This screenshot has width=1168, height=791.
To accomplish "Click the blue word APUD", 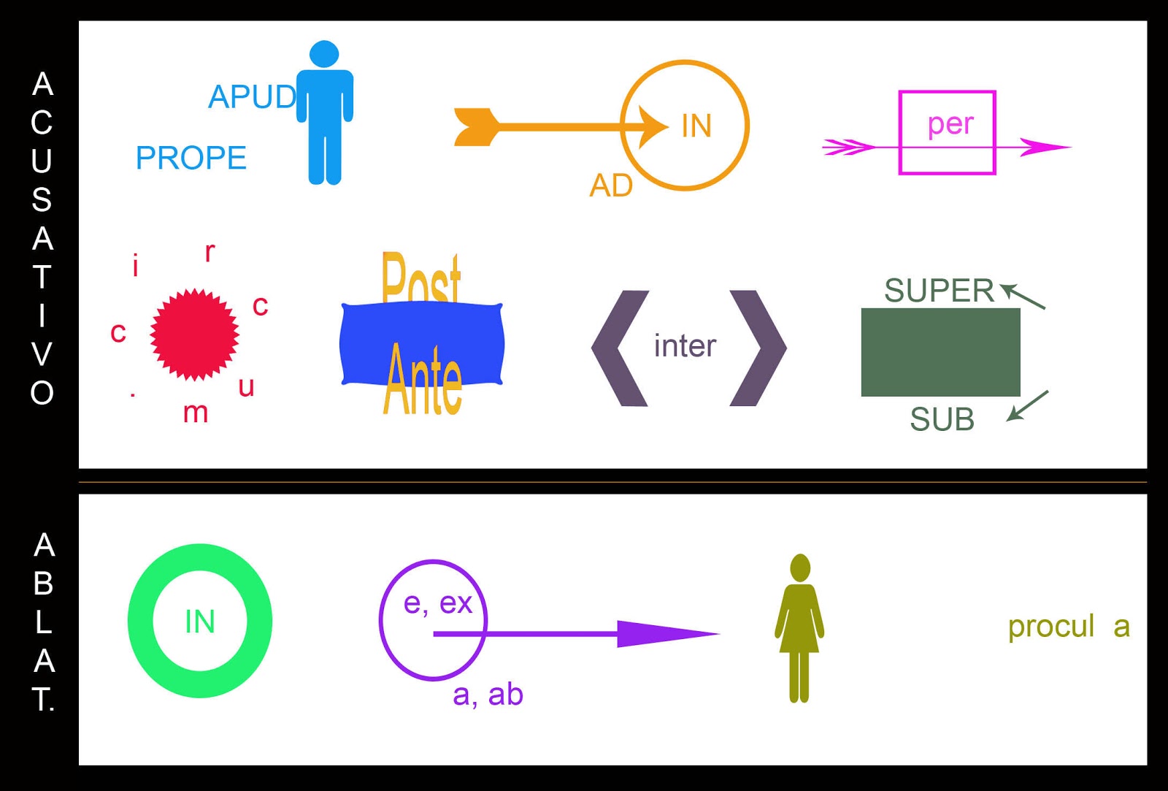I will [x=251, y=96].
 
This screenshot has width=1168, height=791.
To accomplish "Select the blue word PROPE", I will [x=191, y=158].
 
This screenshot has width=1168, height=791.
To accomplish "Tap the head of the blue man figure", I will [x=324, y=54].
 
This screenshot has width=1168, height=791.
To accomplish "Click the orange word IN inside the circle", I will [x=696, y=126].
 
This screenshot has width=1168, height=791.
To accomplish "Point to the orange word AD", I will [x=611, y=186].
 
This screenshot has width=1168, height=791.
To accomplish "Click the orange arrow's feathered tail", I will [x=475, y=127].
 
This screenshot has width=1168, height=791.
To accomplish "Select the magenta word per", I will [x=950, y=124].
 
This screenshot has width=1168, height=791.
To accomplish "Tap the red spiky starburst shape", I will [x=194, y=334].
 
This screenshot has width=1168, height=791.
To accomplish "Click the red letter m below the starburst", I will [x=196, y=413].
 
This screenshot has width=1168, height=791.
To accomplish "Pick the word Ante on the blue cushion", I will [x=423, y=380].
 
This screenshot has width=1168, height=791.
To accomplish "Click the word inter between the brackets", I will [x=685, y=345].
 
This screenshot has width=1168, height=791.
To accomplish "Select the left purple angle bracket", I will [x=619, y=348].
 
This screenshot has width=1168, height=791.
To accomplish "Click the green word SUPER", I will [x=939, y=291].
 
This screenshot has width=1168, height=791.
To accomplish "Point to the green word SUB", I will [x=942, y=419].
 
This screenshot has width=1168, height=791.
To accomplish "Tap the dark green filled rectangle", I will [x=940, y=352].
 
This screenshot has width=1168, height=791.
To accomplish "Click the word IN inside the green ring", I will [x=200, y=622].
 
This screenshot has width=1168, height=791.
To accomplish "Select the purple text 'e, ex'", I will [x=438, y=603].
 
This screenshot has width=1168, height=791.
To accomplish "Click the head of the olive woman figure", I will [x=800, y=568].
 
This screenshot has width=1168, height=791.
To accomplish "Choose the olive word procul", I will [x=1051, y=627].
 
